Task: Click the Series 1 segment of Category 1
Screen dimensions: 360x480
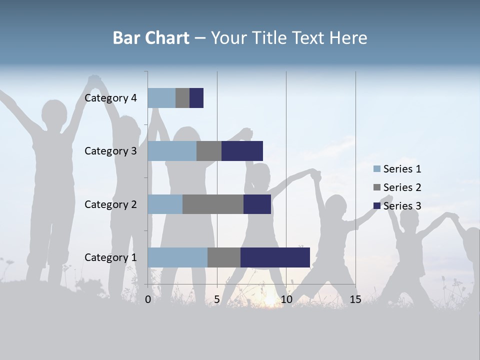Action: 177,257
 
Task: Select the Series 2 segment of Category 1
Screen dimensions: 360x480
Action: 224,257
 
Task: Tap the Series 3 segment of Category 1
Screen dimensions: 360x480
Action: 275,257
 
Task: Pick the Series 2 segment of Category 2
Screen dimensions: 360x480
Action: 213,204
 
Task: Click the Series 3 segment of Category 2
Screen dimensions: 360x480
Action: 257,204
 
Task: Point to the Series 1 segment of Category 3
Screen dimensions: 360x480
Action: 172,151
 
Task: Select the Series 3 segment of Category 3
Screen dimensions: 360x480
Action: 242,151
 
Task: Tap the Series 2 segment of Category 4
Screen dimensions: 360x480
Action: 182,98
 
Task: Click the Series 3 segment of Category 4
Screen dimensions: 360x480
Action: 196,98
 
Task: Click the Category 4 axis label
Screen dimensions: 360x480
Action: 110,98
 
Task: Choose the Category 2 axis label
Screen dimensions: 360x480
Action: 110,204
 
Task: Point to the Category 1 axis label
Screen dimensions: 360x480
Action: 110,257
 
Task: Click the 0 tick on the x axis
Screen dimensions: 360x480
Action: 148,299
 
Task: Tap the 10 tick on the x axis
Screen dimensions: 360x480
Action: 286,299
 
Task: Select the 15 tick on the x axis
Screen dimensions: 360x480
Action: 355,299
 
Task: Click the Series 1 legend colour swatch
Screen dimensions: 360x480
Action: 377,169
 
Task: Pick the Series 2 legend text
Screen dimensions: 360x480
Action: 402,187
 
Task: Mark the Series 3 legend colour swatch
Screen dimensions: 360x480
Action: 377,206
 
